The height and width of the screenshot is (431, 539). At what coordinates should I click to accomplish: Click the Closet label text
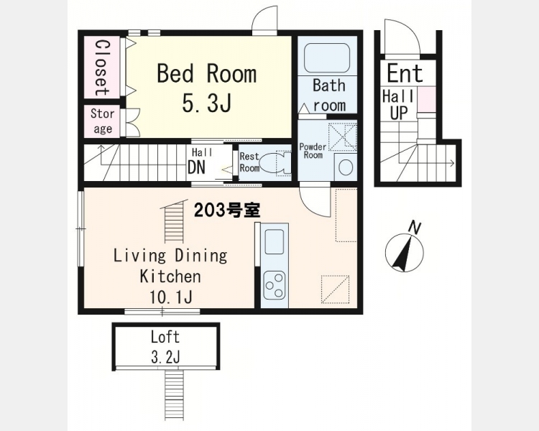pos(103,68)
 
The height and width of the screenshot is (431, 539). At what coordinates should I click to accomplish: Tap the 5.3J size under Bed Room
pos(206,103)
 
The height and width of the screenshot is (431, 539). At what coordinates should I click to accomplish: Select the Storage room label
pos(103,121)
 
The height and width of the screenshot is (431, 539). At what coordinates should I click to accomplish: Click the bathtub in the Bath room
pos(327,57)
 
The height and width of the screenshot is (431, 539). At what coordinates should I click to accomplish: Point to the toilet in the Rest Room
pos(275,163)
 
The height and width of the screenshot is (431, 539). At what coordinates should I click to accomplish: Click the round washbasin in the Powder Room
pos(346,167)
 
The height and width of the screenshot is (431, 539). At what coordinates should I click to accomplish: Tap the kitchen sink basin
pos(275,241)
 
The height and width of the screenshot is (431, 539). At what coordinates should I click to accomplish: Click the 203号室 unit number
pos(227,210)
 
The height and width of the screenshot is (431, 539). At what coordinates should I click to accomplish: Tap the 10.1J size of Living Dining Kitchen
pos(170,297)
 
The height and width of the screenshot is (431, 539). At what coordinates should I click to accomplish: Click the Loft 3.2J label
pos(165,347)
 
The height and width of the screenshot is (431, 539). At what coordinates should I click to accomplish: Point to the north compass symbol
pos(405,250)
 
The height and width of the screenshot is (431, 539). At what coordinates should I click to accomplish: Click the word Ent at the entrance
pos(405,73)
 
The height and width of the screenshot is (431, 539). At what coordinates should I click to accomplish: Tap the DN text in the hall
pos(196,167)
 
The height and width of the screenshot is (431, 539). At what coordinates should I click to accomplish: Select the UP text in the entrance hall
pos(399,112)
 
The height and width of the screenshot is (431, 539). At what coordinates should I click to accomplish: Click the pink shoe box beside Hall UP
pos(427,99)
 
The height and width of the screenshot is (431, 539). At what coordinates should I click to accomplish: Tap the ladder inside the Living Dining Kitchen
pos(175,223)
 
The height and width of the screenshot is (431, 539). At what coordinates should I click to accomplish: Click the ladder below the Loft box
pos(175,394)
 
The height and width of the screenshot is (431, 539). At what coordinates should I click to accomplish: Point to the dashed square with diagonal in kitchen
pos(335,289)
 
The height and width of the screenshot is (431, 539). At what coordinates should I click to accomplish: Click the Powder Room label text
pos(313,151)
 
